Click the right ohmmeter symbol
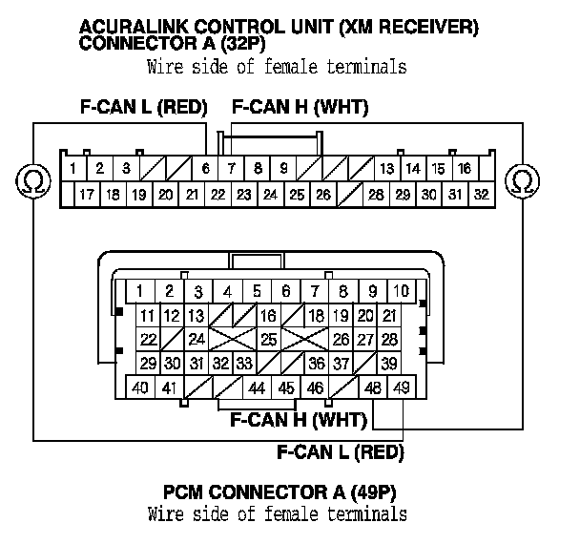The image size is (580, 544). click(522, 179)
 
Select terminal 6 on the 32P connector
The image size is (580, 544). click(205, 169)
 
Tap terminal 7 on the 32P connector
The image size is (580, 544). click(232, 169)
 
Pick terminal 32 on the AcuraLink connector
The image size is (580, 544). click(481, 194)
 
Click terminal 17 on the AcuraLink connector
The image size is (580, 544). click(86, 194)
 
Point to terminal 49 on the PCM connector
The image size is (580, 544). click(401, 387)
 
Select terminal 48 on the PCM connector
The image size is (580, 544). click(373, 387)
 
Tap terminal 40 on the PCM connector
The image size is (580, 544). click(139, 387)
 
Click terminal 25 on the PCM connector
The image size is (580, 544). click(269, 339)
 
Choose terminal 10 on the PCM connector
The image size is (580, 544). click(401, 291)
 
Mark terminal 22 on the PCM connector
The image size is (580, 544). click(148, 339)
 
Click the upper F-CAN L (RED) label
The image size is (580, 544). click(143, 108)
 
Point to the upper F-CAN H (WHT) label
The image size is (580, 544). click(300, 108)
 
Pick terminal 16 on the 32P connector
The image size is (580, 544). click(464, 169)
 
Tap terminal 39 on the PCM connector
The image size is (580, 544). click(388, 363)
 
